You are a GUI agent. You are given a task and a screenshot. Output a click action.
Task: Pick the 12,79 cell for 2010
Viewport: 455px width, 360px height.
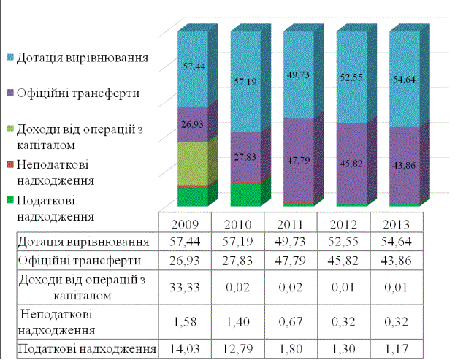[x=237, y=349]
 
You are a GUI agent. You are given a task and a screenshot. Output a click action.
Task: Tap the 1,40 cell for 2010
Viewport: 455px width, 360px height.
[x=237, y=318]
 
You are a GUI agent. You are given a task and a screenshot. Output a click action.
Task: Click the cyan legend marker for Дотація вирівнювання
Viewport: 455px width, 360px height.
[x=9, y=57]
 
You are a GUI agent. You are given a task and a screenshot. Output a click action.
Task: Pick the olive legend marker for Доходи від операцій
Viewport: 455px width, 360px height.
[x=9, y=129]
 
